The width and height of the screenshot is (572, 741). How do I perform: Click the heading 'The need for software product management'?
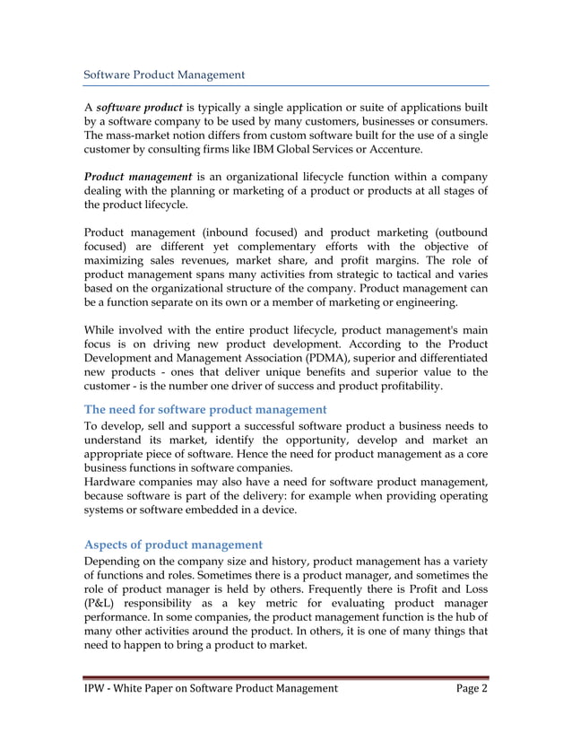pyautogui.click(x=204, y=409)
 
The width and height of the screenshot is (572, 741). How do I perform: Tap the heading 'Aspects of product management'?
pyautogui.click(x=173, y=545)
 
